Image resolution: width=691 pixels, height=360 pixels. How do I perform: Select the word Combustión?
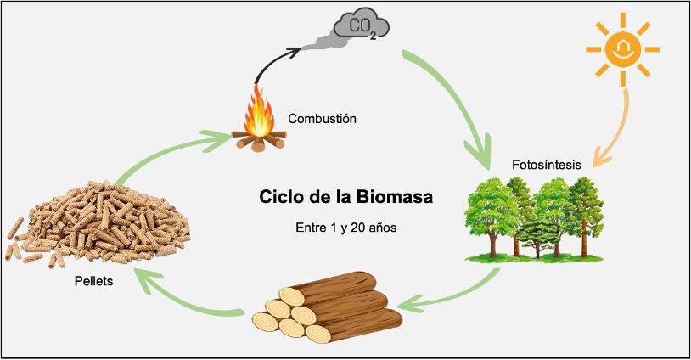pyautogui.click(x=322, y=119)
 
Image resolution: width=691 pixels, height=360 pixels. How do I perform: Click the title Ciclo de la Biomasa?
pyautogui.click(x=345, y=198)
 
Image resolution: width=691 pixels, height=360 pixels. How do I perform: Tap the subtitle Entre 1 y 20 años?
pyautogui.click(x=345, y=228)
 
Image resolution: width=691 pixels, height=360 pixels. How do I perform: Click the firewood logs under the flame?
pyautogui.click(x=258, y=140)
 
